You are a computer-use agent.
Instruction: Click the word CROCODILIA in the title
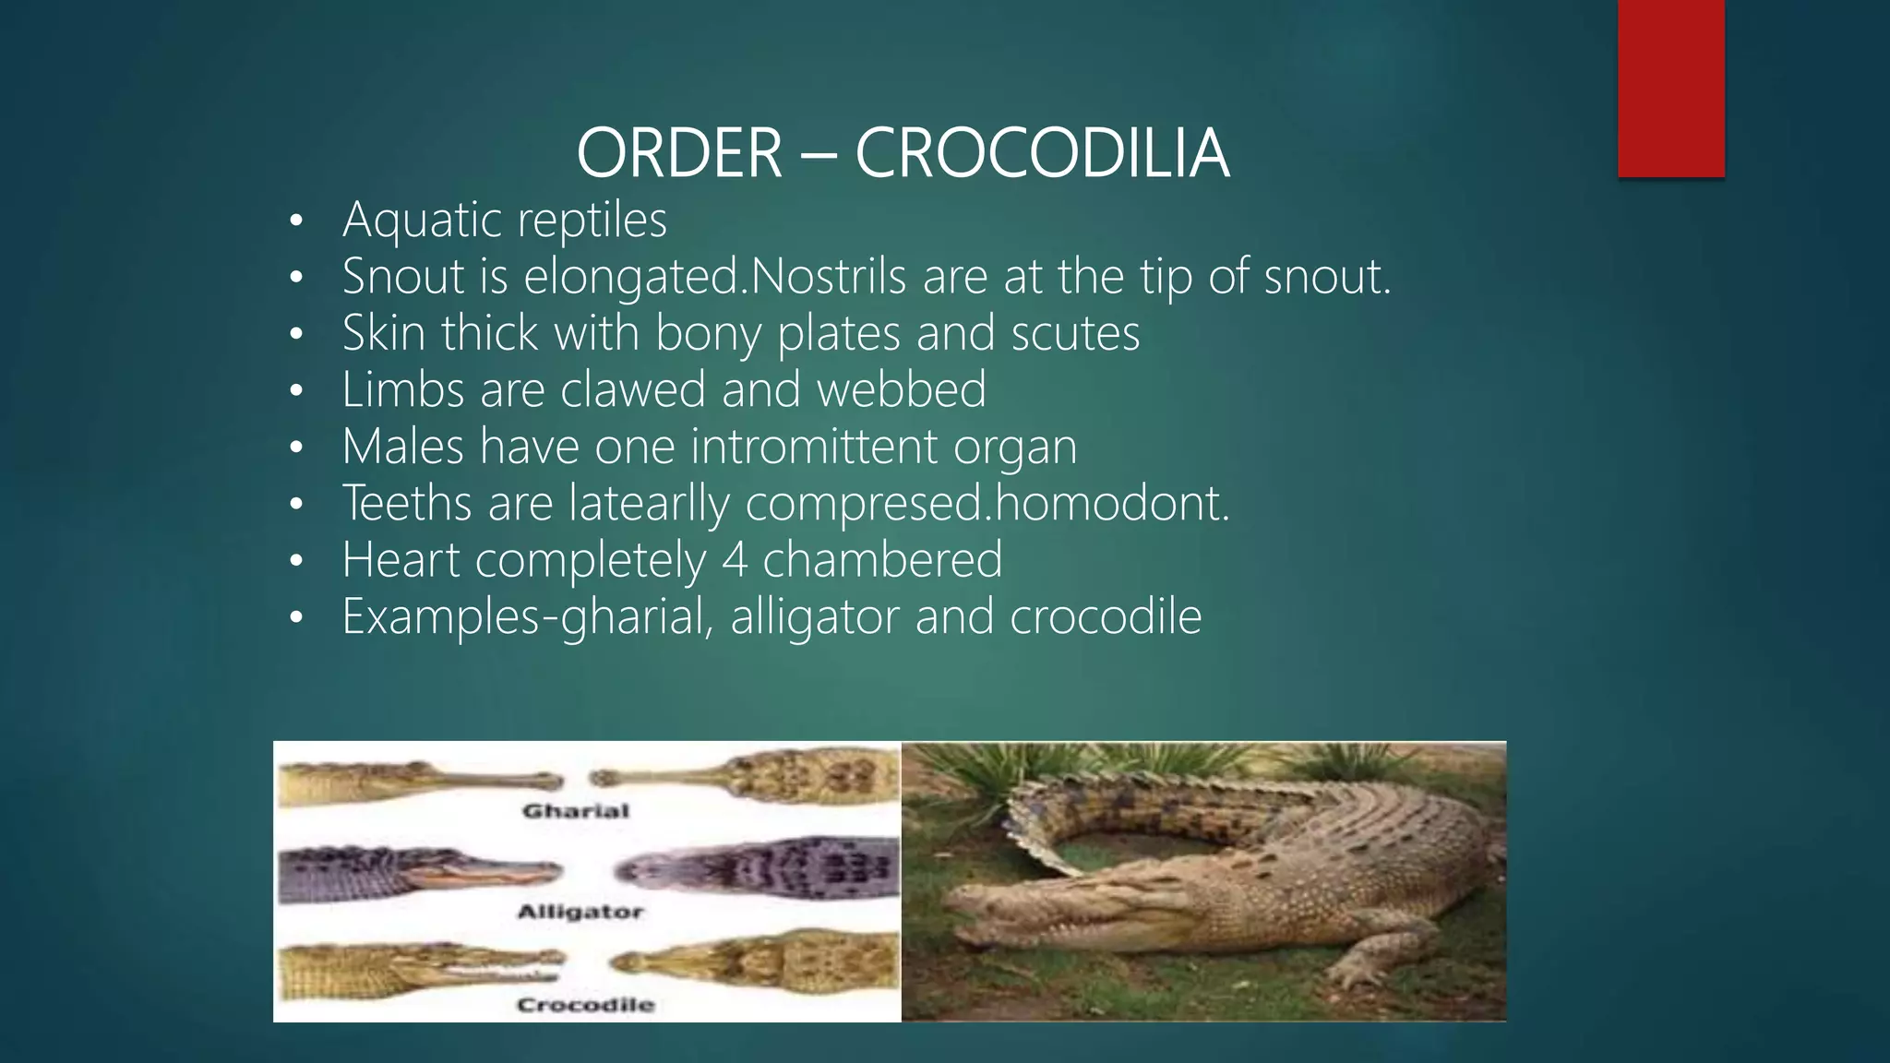click(x=1042, y=153)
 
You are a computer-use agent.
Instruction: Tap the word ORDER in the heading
click(x=679, y=153)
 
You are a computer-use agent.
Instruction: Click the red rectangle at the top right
click(x=1670, y=89)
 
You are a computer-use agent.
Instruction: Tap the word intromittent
click(x=813, y=447)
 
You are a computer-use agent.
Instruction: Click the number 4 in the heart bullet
click(x=734, y=560)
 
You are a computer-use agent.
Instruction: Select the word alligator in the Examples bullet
click(x=814, y=616)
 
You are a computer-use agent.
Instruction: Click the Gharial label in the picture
click(x=576, y=811)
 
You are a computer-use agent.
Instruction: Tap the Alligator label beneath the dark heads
click(x=580, y=912)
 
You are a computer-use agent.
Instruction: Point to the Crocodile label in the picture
click(x=585, y=1005)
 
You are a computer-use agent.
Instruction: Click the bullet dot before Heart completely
click(x=295, y=561)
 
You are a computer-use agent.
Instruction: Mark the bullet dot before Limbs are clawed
click(x=295, y=390)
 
